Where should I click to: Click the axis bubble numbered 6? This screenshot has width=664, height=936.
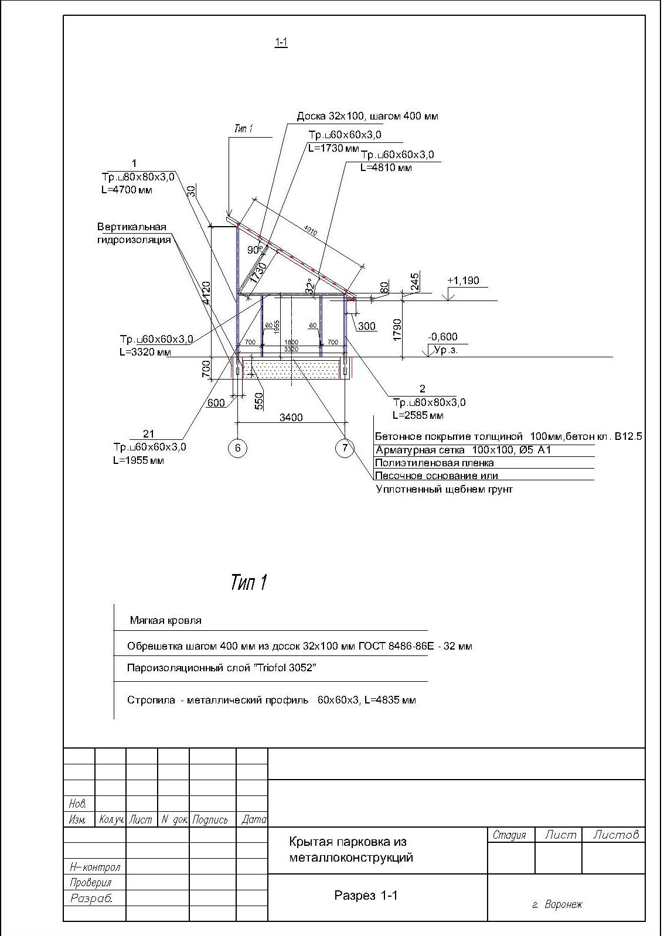click(x=237, y=448)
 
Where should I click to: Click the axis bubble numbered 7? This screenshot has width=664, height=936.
click(x=345, y=448)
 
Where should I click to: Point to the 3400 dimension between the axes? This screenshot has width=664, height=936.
click(x=291, y=418)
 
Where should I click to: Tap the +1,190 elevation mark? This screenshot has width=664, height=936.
click(x=463, y=281)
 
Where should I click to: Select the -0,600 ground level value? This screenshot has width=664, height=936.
click(x=442, y=337)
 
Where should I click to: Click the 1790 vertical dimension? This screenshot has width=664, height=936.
click(x=398, y=330)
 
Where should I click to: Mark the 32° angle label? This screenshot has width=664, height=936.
click(x=309, y=285)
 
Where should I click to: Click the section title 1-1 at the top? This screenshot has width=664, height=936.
click(x=281, y=42)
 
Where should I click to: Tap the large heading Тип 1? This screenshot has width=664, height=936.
click(x=249, y=582)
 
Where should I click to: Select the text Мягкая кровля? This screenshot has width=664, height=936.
click(x=165, y=620)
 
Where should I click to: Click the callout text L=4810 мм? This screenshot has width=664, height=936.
click(x=386, y=168)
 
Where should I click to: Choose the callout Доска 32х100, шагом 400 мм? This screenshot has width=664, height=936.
click(x=367, y=116)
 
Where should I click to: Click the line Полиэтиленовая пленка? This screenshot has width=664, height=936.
click(x=434, y=463)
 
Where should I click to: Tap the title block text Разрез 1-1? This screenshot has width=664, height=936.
click(x=366, y=895)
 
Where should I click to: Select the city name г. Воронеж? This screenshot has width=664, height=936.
click(x=557, y=904)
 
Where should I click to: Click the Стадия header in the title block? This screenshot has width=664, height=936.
click(x=509, y=835)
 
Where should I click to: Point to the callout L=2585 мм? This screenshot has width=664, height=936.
click(x=418, y=415)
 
